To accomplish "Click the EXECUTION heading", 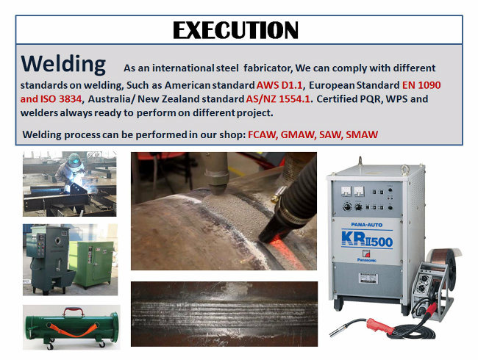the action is (x=235, y=30).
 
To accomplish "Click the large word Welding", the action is (x=63, y=64).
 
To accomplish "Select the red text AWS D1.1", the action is (x=279, y=85).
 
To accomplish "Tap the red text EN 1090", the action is (x=421, y=85).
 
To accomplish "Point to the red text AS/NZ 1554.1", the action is (x=278, y=99).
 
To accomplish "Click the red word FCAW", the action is (x=263, y=134).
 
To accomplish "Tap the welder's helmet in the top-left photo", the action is (x=74, y=160).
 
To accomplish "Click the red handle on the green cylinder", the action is (x=74, y=312).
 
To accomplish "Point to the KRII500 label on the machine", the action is (x=367, y=239).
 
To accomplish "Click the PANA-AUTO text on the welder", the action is (x=366, y=225).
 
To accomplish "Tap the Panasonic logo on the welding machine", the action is (x=366, y=256).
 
